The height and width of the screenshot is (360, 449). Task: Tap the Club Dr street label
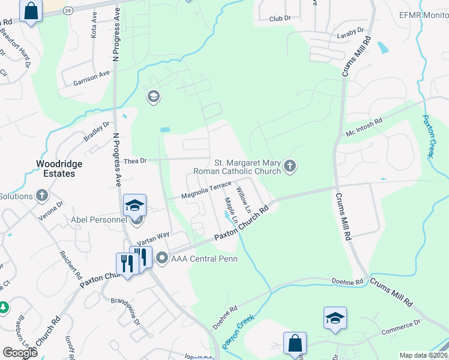pyautogui.click(x=279, y=19)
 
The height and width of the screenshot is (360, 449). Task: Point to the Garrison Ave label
pyautogui.click(x=92, y=78)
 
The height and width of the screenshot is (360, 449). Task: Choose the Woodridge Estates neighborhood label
pyautogui.click(x=59, y=168)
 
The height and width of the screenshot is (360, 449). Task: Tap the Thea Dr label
pyautogui.click(x=135, y=161)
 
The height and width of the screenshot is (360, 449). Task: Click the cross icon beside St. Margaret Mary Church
pyautogui.click(x=291, y=166)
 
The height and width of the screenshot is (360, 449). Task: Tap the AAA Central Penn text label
pyautogui.click(x=204, y=259)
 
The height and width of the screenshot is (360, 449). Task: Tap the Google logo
pyautogui.click(x=20, y=353)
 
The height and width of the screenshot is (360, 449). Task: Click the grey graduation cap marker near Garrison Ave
pyautogui.click(x=154, y=97)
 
